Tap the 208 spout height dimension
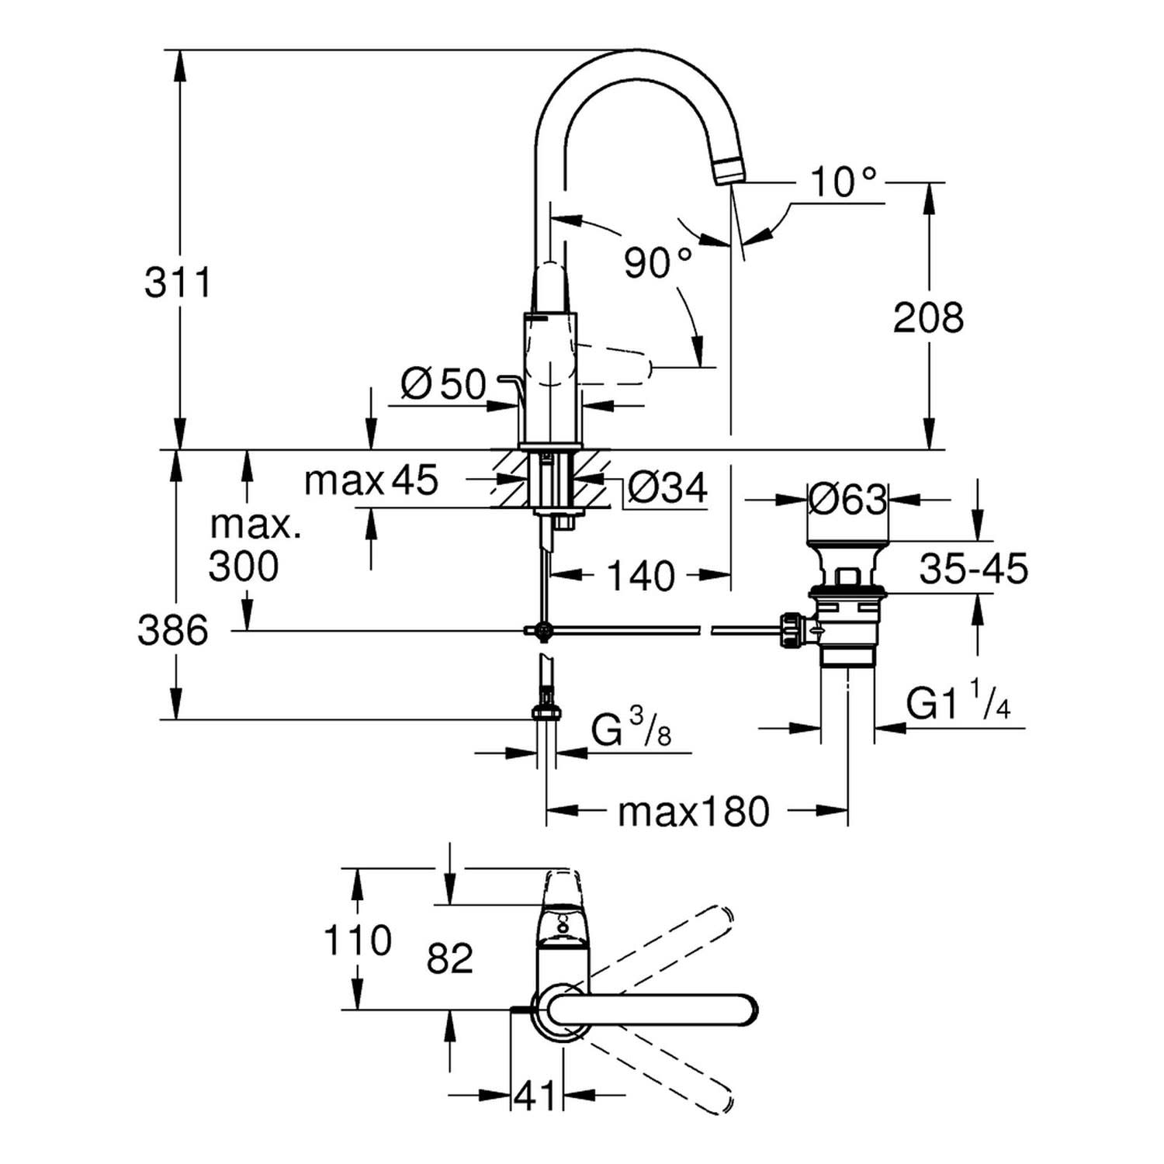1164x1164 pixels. pos(928,317)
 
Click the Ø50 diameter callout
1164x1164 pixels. pos(444,383)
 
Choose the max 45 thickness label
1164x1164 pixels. pos(371,480)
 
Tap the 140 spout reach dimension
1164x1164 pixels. pos(640,575)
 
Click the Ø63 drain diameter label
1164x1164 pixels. pos(847,499)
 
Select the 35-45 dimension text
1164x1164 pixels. pos(973,569)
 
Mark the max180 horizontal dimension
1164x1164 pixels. pos(693,812)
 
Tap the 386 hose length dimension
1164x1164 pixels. pos(172,630)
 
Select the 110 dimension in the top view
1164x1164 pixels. pos(357,941)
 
